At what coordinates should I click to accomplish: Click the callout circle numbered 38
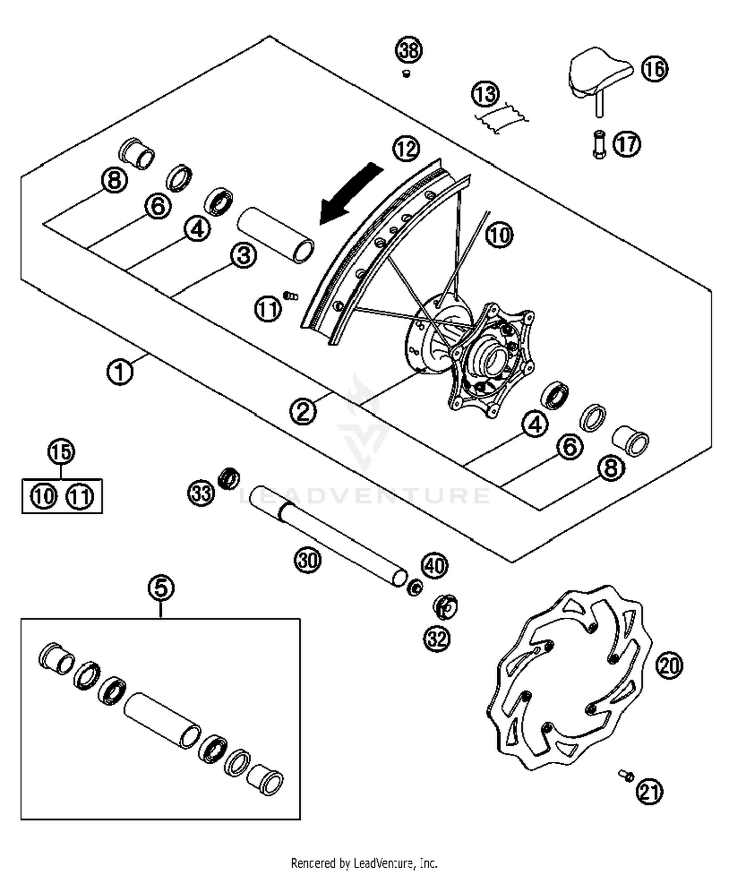tap(409, 50)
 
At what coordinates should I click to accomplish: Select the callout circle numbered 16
tap(654, 69)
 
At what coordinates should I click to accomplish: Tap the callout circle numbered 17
tap(627, 144)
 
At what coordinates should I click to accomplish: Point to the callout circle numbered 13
tap(486, 94)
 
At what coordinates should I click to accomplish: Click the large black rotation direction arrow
tap(351, 193)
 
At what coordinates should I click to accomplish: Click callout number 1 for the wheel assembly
tap(120, 372)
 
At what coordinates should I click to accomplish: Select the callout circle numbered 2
tap(303, 412)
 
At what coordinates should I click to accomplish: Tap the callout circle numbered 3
tap(243, 255)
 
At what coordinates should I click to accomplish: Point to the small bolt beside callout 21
tap(625, 775)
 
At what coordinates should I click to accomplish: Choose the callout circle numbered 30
tap(308, 560)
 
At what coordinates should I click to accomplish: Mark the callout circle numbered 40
tap(434, 565)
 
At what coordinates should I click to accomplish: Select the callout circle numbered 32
tap(437, 639)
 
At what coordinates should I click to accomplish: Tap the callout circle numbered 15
tap(61, 452)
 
